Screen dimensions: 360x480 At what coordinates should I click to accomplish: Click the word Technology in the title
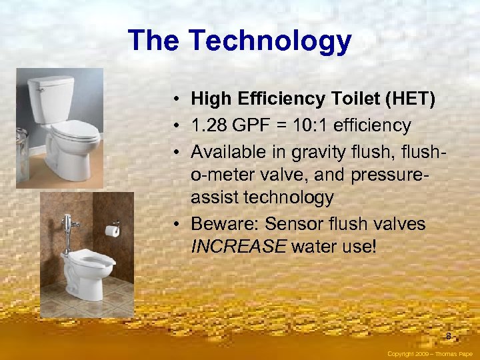(x=270, y=41)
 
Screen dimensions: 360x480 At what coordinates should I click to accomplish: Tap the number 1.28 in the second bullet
(x=211, y=125)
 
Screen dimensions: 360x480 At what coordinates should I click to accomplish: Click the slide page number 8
(x=449, y=336)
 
